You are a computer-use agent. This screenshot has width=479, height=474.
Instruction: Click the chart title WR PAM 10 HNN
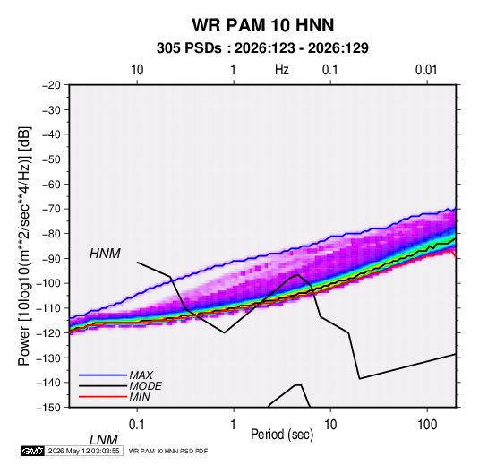[x=263, y=25]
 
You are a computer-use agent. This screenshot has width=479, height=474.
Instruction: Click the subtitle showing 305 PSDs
[x=262, y=48]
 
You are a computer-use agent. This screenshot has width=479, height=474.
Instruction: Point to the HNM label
[x=105, y=254]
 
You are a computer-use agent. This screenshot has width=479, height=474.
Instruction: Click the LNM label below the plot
[x=103, y=440]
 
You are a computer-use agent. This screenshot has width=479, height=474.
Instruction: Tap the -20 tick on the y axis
[x=51, y=85]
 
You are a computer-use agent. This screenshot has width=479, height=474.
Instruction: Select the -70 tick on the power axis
[x=51, y=209]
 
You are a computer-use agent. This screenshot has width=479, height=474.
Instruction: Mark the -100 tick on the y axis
[x=48, y=283]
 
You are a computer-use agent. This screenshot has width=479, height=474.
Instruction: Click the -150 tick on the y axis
[x=48, y=408]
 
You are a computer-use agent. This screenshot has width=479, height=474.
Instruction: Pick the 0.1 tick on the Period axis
[x=137, y=425]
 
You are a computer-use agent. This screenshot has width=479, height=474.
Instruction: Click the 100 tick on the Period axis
[x=427, y=425]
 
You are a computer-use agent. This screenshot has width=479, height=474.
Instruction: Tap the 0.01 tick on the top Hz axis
[x=426, y=70]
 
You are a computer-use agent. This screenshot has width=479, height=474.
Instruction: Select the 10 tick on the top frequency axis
[x=137, y=70]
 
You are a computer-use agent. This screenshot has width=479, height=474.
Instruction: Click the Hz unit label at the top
[x=282, y=70]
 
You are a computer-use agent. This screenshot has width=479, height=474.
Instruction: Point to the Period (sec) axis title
[x=282, y=435]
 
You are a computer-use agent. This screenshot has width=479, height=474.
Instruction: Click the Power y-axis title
[x=24, y=246]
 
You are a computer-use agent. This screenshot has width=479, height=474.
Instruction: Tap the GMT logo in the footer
[x=33, y=451]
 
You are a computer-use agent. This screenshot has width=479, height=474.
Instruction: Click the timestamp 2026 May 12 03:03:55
[x=83, y=451]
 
